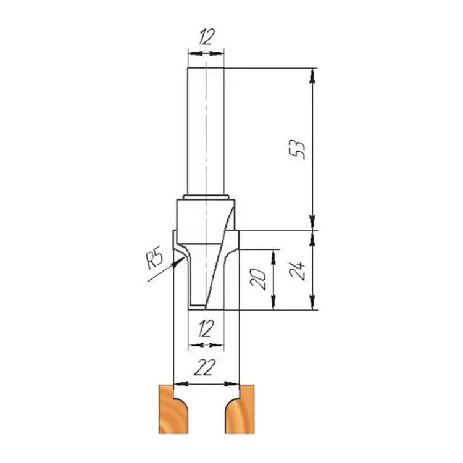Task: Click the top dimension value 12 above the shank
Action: [206, 37]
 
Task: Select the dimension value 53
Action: [297, 149]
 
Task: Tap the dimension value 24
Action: [297, 270]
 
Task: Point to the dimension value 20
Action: [258, 279]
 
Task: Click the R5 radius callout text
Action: [154, 257]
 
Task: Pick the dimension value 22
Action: [205, 367]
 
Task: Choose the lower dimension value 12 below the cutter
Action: [206, 328]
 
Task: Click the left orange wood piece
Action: [173, 409]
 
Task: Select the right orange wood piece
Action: [240, 409]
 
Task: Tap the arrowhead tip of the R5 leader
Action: [185, 257]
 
